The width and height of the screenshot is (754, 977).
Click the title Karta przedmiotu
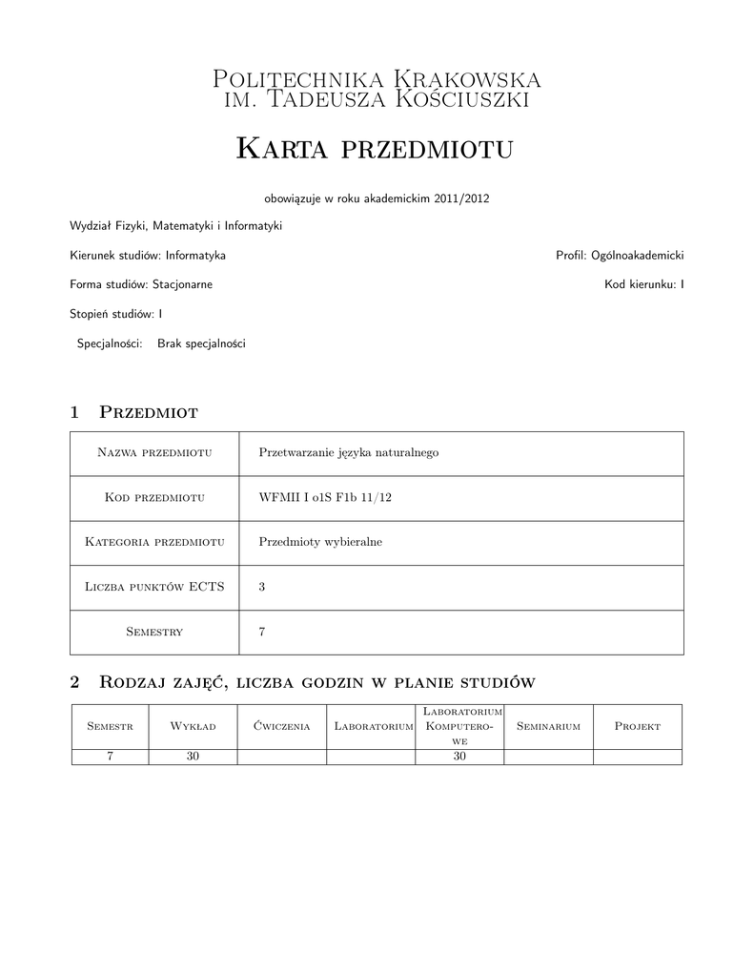click(x=374, y=149)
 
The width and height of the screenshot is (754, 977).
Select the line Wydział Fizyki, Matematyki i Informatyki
click(x=175, y=226)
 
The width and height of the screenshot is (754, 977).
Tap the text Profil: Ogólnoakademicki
click(x=620, y=256)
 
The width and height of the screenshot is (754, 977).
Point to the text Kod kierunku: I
click(x=643, y=284)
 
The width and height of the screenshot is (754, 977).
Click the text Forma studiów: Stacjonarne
click(x=141, y=284)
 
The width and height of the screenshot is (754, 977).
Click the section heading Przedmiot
click(x=148, y=412)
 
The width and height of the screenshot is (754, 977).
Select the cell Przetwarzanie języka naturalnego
click(x=348, y=452)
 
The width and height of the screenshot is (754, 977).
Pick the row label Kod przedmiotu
click(x=154, y=497)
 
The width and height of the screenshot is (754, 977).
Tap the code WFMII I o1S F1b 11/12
click(x=325, y=497)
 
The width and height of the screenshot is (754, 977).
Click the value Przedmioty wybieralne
click(x=320, y=542)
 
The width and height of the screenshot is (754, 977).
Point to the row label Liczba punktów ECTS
click(x=154, y=587)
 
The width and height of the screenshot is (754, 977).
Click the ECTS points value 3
click(x=262, y=587)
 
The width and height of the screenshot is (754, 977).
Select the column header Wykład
click(x=193, y=727)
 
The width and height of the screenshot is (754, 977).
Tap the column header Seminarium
click(x=548, y=727)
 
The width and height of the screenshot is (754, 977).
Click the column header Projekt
click(x=638, y=727)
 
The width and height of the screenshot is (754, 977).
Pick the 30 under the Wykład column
click(x=193, y=757)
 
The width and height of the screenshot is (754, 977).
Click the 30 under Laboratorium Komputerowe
click(x=459, y=757)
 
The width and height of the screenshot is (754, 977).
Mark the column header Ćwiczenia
click(x=282, y=727)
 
